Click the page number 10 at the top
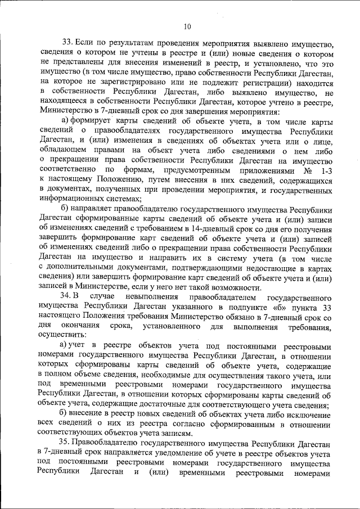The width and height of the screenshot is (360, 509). [187, 25]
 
